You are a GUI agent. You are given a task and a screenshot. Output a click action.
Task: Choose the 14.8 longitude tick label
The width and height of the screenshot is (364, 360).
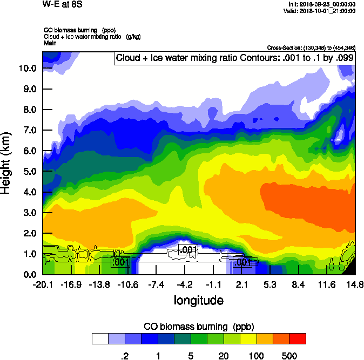pos(355,284)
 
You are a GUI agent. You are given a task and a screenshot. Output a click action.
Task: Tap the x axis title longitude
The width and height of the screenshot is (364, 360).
pos(198,300)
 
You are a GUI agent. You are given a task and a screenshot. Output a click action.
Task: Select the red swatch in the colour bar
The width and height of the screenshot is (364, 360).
pos(298,338)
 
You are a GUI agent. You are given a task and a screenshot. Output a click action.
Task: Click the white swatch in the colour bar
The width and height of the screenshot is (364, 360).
pos(100,338)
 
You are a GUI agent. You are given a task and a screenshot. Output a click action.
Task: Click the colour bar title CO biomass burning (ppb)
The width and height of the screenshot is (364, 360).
pos(199,327)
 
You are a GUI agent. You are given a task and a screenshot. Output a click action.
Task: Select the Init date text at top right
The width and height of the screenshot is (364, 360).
pos(322,4)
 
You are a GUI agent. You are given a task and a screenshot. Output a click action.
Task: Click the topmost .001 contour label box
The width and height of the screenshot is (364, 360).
pos(188,249)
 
